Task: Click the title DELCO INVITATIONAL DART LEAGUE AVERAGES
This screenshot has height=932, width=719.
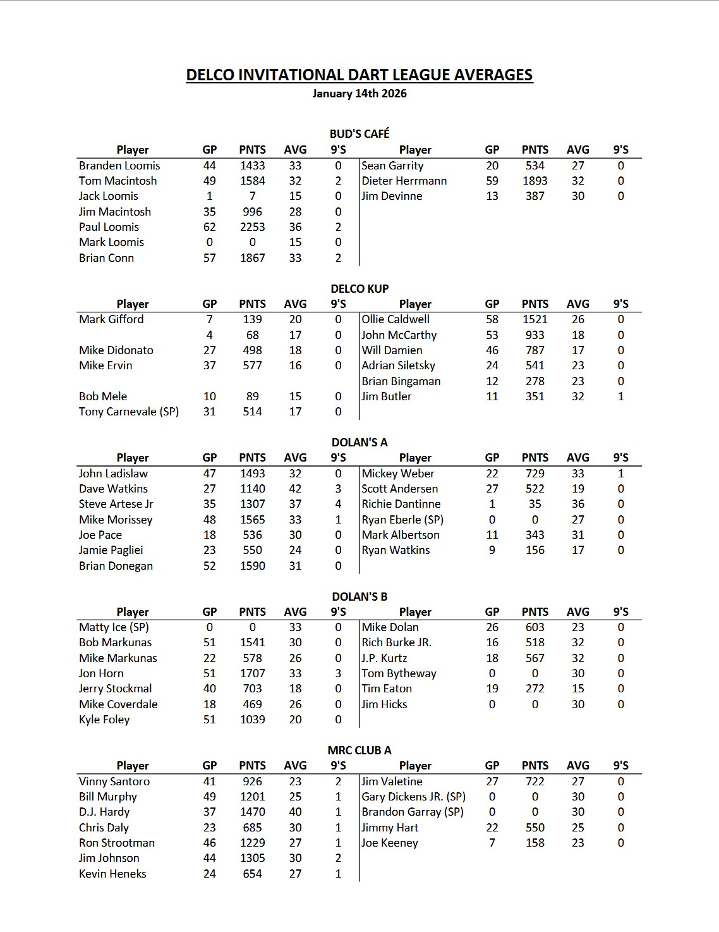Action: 359,75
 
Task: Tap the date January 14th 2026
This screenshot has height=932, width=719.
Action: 359,94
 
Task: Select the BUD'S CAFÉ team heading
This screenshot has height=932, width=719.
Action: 359,133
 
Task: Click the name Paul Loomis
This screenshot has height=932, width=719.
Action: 109,227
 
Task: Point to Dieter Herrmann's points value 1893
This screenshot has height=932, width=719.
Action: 535,181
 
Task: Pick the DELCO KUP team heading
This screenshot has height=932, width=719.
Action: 359,288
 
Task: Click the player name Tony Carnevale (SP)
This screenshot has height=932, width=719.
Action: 129,412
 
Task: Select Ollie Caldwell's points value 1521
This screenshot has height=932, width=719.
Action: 535,319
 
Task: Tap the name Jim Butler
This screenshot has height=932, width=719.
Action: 387,396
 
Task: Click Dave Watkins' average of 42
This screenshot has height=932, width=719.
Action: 295,489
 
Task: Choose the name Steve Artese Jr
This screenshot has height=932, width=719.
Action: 116,504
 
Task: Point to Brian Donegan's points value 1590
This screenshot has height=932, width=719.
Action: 252,566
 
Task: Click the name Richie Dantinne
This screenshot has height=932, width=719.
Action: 401,504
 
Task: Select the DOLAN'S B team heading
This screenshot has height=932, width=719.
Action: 359,596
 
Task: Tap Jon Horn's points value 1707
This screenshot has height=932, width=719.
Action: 252,673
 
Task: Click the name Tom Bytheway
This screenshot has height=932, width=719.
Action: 399,673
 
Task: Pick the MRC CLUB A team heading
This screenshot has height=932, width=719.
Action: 359,751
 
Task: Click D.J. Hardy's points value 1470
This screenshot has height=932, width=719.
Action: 252,812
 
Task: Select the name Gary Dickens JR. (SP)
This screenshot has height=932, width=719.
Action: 413,797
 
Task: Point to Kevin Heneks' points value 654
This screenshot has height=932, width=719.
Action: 252,874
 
